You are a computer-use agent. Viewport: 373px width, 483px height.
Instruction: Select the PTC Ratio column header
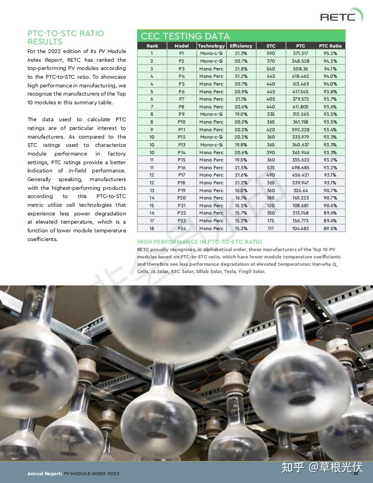point(330,46)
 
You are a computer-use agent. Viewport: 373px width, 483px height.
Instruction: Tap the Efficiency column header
point(241,46)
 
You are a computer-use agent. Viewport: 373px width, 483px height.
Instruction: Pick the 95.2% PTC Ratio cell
point(330,54)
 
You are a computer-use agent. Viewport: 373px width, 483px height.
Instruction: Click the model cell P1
point(181,54)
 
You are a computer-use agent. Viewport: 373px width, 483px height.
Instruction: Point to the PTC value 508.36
point(300,69)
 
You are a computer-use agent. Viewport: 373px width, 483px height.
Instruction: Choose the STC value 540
point(271,69)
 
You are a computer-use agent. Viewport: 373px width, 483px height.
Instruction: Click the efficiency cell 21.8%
point(241,69)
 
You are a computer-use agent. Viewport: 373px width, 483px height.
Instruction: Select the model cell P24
point(181,228)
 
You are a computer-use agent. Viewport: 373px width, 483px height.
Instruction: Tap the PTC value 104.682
point(300,228)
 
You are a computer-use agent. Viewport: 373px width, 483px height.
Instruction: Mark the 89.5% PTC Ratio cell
point(330,228)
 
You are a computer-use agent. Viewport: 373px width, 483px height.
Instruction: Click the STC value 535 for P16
point(271,167)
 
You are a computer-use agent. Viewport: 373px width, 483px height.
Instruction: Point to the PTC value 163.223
point(300,198)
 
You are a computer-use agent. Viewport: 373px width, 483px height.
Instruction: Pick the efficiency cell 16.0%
point(241,190)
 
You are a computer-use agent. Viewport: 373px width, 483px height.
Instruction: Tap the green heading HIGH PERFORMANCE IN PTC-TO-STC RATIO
point(200,241)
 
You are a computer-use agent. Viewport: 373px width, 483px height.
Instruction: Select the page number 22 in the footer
point(355,473)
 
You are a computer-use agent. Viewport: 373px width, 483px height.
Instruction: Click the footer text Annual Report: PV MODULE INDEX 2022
point(73,474)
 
